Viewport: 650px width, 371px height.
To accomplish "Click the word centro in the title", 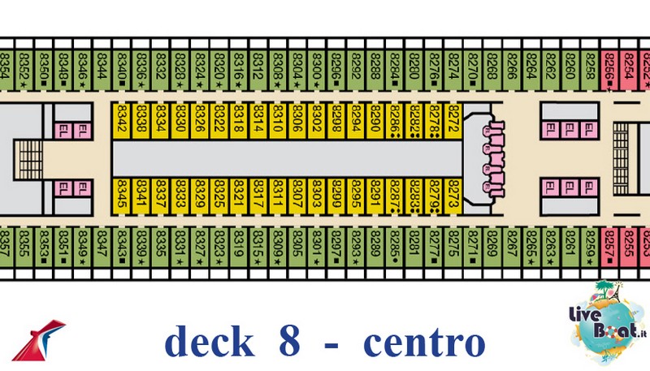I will pos(425,343).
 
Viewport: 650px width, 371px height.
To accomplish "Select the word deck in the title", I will pos(209,343).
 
